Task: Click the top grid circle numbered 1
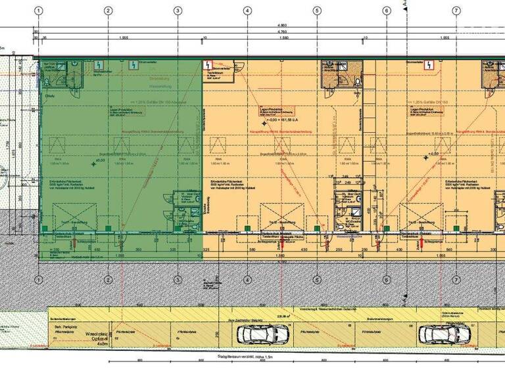(x=39, y=11)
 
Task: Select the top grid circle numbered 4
(x=247, y=11)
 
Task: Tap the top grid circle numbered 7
(x=456, y=11)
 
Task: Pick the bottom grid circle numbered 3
(x=178, y=279)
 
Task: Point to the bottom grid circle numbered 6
(x=386, y=279)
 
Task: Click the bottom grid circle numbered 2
(x=108, y=279)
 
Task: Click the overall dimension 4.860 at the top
(x=282, y=26)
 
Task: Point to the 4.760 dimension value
(x=282, y=32)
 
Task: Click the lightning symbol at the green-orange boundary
(x=208, y=66)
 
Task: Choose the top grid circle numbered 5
(x=317, y=11)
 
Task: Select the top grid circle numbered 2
(x=108, y=11)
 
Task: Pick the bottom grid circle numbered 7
(x=456, y=279)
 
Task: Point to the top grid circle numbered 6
(x=386, y=11)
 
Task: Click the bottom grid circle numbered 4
(x=247, y=279)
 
